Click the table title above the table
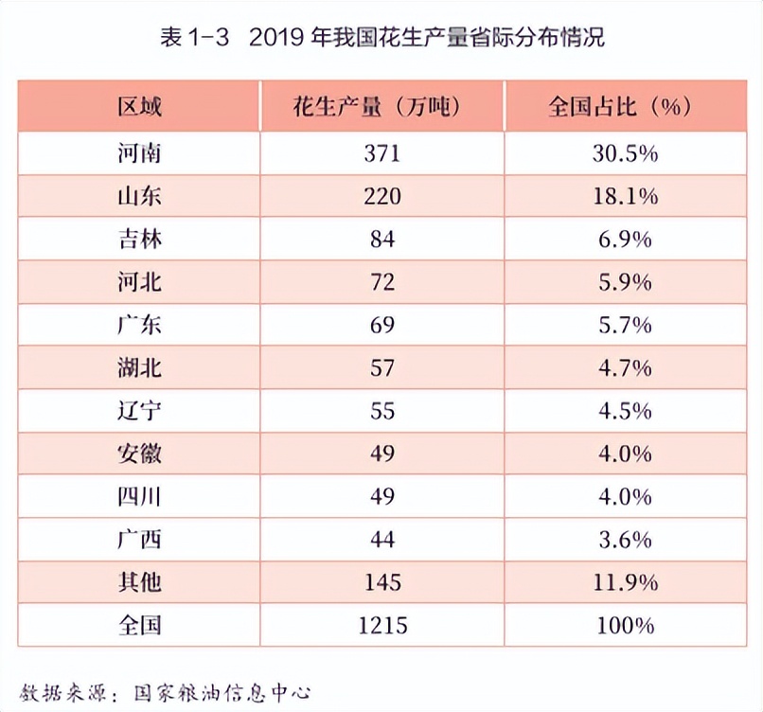click(382, 38)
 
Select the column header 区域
click(139, 105)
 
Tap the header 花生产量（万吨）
click(381, 105)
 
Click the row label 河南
click(139, 153)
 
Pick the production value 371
click(382, 153)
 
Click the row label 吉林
click(139, 239)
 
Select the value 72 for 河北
click(382, 281)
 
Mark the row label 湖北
click(139, 367)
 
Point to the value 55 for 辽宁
click(382, 411)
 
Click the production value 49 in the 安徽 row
click(382, 454)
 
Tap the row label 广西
click(139, 540)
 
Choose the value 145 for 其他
click(382, 582)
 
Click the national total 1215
click(382, 625)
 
